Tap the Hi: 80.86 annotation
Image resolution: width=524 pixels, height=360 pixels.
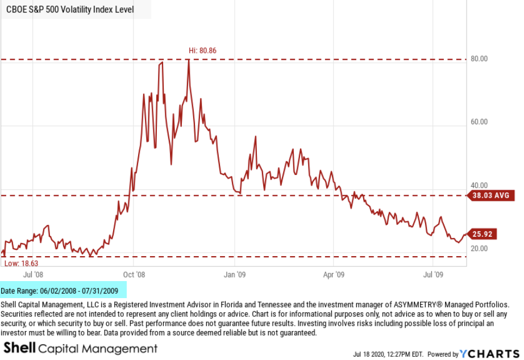(203, 51)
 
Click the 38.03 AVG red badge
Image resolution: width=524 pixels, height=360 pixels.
(490, 196)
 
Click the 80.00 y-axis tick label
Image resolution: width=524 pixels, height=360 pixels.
(480, 59)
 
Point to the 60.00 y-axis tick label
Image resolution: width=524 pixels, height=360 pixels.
(480, 122)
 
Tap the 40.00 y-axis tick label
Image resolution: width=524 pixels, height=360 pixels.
(480, 185)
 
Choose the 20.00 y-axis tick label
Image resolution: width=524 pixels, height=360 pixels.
(480, 248)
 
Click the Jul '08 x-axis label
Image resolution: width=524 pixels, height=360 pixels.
(33, 274)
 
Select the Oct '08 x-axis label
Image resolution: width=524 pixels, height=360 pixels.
(134, 274)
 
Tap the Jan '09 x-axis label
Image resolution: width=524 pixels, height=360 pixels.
(234, 274)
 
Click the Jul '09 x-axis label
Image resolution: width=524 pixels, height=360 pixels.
(434, 274)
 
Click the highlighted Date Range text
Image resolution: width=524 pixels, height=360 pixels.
(60, 291)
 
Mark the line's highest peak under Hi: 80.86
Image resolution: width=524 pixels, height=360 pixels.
(188, 60)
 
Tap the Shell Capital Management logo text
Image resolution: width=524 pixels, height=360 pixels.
(80, 348)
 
